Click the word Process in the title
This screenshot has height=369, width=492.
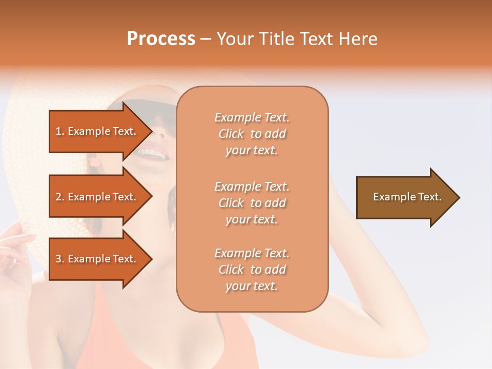point(161,39)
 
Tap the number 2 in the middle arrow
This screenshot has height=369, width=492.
point(58,197)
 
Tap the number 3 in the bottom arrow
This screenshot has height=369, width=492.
point(58,259)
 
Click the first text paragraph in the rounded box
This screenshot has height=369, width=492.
point(252,134)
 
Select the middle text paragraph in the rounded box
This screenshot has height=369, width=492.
point(252,203)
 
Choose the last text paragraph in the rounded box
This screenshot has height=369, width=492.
point(252,270)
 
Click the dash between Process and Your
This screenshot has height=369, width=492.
point(206,39)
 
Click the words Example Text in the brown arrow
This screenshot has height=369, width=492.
point(407,197)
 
